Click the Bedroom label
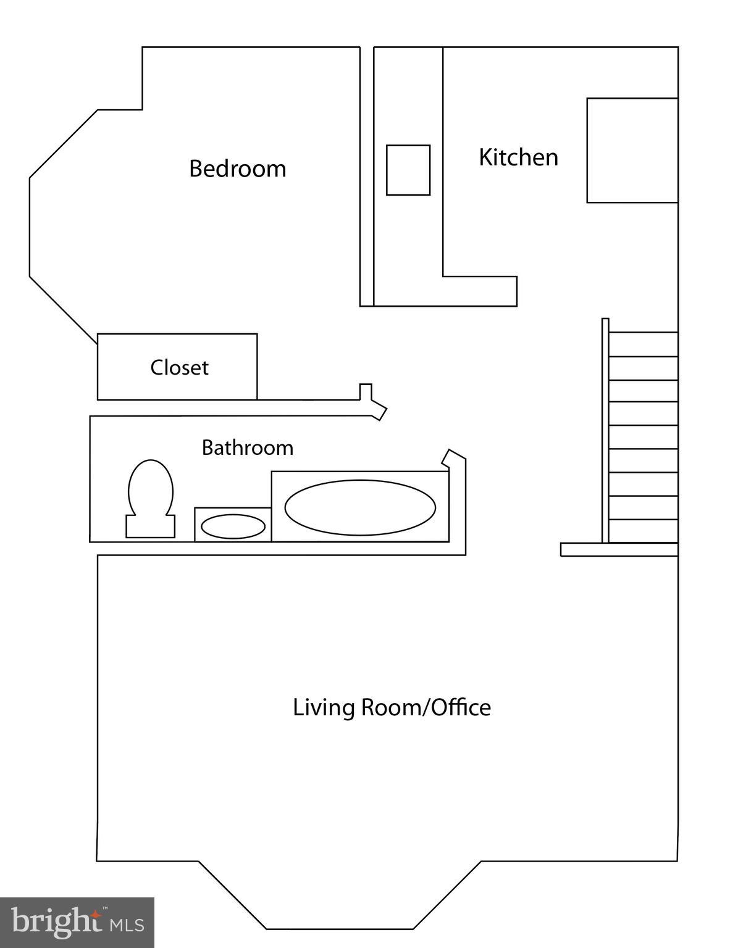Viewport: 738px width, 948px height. pyautogui.click(x=237, y=168)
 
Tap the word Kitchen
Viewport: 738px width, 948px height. pyautogui.click(x=518, y=157)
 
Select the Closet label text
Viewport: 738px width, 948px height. pyautogui.click(x=179, y=368)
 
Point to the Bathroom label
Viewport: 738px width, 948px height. pyautogui.click(x=247, y=447)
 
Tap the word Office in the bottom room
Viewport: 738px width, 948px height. pyautogui.click(x=461, y=707)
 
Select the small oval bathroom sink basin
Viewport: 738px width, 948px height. pyautogui.click(x=233, y=526)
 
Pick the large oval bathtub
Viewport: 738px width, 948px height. pyautogui.click(x=360, y=507)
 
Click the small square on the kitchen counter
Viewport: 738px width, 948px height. pyautogui.click(x=408, y=170)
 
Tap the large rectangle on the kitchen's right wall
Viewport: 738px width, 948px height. pyautogui.click(x=632, y=150)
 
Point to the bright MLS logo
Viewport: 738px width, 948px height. pyautogui.click(x=77, y=923)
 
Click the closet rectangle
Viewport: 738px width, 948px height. pyautogui.click(x=177, y=367)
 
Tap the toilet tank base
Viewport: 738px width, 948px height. pyautogui.click(x=150, y=527)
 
